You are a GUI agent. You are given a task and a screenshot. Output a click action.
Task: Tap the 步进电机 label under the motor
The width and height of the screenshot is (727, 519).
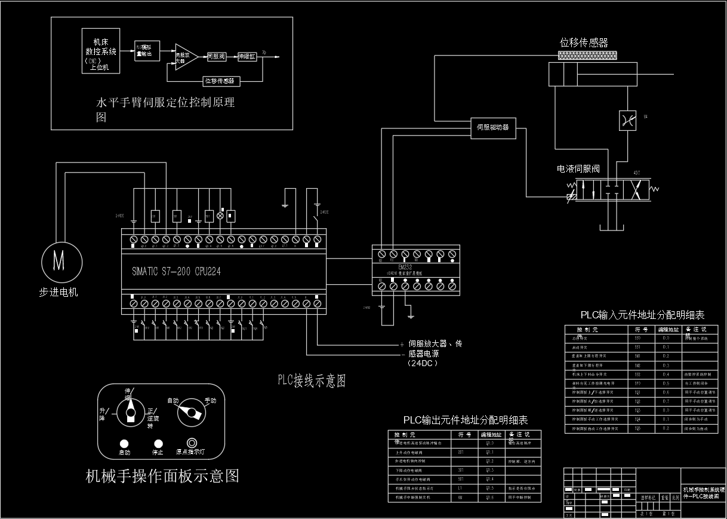pyautogui.click(x=58, y=292)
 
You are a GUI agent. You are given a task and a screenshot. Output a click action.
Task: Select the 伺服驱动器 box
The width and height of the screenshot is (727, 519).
pyautogui.click(x=493, y=127)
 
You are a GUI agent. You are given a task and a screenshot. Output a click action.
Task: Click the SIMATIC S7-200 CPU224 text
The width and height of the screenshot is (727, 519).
pyautogui.click(x=177, y=271)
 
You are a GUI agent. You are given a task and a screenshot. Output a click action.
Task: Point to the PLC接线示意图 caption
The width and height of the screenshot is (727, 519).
pyautogui.click(x=311, y=380)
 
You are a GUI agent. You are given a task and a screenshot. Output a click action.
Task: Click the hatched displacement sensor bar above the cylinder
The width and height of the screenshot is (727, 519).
pyautogui.click(x=588, y=55)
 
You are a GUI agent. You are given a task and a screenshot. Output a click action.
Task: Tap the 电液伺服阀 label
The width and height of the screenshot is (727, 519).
pyautogui.click(x=578, y=169)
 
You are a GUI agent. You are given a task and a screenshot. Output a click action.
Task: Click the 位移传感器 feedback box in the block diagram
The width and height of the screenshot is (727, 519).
pyautogui.click(x=220, y=80)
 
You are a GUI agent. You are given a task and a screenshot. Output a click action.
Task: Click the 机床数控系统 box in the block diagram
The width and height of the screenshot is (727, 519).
pyautogui.click(x=100, y=51)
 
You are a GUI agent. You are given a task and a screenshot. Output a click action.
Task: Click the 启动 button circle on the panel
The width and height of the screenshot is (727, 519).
pyautogui.click(x=124, y=443)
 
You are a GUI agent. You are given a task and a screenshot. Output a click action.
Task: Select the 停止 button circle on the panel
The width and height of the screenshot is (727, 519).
pyautogui.click(x=158, y=443)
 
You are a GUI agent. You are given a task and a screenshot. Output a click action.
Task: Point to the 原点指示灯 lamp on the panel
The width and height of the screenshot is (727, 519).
pyautogui.click(x=192, y=443)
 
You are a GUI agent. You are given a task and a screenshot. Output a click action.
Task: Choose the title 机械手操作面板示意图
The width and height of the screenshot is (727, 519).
pyautogui.click(x=162, y=476)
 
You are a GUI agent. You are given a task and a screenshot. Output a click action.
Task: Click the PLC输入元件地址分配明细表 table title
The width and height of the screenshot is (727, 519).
pyautogui.click(x=642, y=315)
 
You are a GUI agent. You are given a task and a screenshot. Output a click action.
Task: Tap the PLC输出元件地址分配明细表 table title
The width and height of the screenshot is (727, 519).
pyautogui.click(x=466, y=420)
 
